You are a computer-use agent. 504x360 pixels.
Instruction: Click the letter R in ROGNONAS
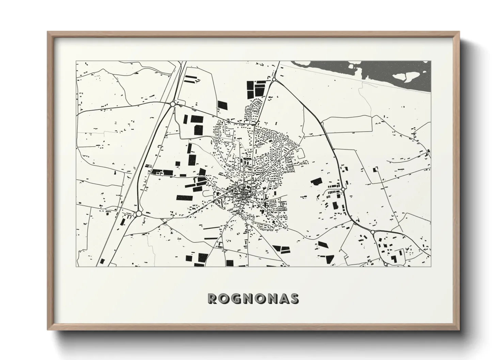(x=212, y=298)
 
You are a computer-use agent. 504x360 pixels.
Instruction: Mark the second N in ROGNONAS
(x=271, y=298)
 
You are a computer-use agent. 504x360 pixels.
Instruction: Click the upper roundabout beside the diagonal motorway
(x=173, y=104)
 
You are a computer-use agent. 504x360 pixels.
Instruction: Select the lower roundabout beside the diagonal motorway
(x=139, y=214)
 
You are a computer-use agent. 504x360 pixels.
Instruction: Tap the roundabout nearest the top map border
(x=274, y=80)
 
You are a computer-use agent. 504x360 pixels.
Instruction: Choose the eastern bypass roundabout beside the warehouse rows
(x=343, y=189)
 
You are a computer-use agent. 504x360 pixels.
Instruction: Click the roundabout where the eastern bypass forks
(x=373, y=232)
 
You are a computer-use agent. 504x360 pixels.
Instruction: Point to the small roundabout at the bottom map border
(x=385, y=264)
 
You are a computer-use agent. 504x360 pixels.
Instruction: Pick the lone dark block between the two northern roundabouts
(x=222, y=105)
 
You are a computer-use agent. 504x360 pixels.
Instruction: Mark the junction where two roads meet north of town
(x=254, y=125)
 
